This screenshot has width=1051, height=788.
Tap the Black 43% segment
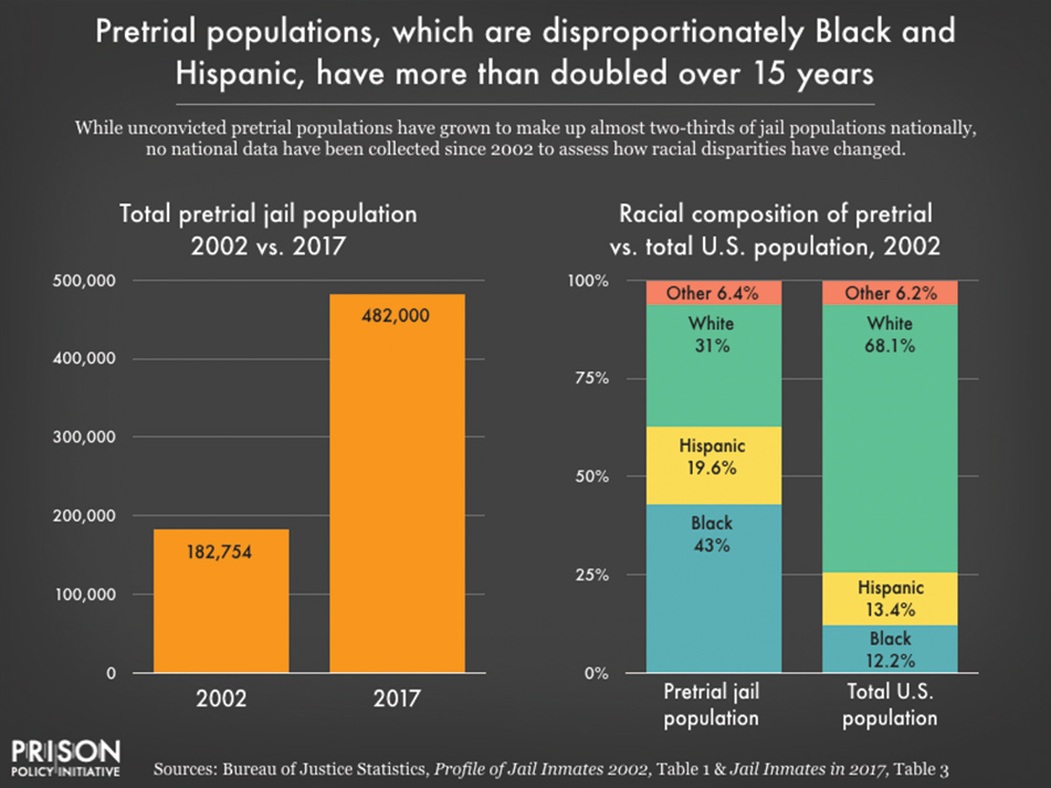click(712, 588)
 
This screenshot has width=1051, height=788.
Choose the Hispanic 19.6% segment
click(712, 465)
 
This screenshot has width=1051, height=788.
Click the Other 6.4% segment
click(712, 293)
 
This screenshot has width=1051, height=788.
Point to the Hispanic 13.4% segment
click(890, 599)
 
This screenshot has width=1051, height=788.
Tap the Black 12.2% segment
click(890, 650)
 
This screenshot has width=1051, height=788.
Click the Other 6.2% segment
click(890, 293)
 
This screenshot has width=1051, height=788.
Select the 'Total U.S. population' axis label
click(890, 705)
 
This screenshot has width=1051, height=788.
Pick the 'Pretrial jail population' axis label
click(712, 705)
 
